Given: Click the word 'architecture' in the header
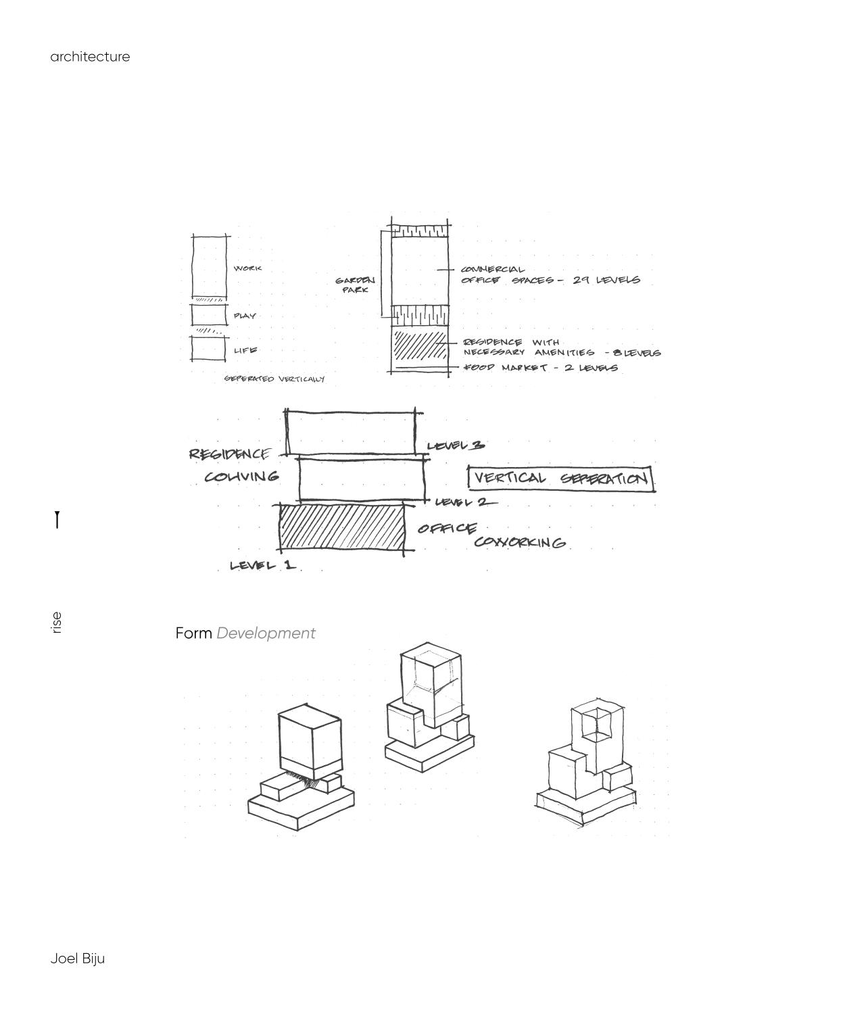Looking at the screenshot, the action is pos(90,57).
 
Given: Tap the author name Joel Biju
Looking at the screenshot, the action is pos(77,959).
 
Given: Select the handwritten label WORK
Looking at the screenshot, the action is pos(247,268).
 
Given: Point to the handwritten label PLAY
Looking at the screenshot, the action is pos(245,316).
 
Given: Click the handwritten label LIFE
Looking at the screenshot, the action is pos(245,350).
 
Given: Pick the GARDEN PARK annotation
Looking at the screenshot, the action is pos(355,285).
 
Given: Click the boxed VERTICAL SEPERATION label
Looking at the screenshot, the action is pos(560,479).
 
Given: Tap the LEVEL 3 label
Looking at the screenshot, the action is pos(456,445).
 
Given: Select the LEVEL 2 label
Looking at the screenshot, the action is pos(464,502).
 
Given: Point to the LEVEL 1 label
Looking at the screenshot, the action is pos(262,565).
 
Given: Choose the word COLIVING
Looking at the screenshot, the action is pos(241,477).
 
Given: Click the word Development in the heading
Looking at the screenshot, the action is pos(266,633).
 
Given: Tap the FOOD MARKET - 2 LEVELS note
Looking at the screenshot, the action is pos(540,368).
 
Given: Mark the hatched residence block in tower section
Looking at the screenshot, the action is pos(420,345).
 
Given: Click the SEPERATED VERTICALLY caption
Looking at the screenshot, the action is pos(274,379).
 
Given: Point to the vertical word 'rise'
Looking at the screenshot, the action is pos(57,623).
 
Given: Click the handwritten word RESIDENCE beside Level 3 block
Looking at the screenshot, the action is pos(230,454).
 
